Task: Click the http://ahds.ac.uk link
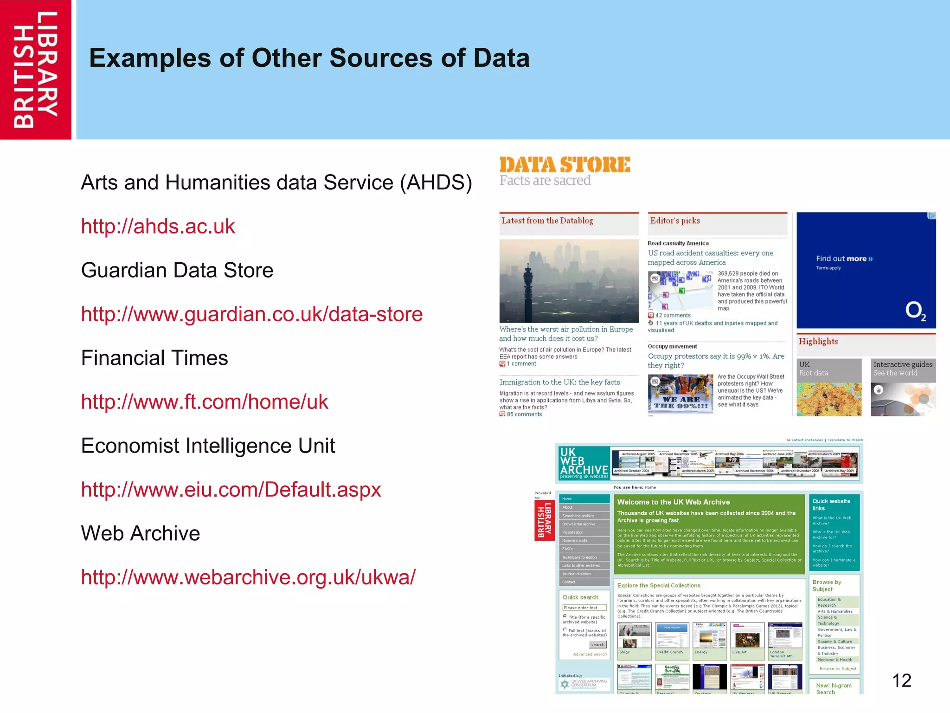(x=158, y=227)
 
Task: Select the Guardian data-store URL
(x=252, y=314)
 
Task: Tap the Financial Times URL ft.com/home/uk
(x=205, y=402)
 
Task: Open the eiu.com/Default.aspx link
(x=231, y=490)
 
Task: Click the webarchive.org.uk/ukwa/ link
(x=248, y=577)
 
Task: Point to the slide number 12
(x=901, y=681)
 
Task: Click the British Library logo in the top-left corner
(x=36, y=70)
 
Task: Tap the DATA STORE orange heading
(x=565, y=165)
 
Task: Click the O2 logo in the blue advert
(x=915, y=311)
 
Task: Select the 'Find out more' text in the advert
(x=844, y=259)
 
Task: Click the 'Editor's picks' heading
(x=675, y=221)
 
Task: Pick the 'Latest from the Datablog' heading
(x=547, y=221)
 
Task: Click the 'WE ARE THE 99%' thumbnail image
(x=680, y=394)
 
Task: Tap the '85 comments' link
(x=524, y=415)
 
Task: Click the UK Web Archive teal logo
(x=584, y=463)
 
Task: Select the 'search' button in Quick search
(x=597, y=645)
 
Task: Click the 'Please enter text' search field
(x=584, y=608)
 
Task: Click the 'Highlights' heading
(x=818, y=342)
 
